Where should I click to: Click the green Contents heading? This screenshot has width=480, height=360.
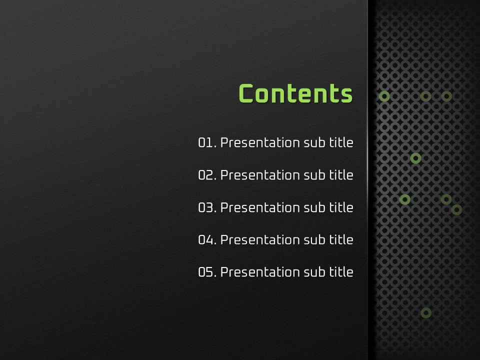(x=295, y=93)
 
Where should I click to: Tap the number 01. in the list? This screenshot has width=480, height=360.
(x=207, y=142)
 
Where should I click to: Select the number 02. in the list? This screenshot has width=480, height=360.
(x=207, y=175)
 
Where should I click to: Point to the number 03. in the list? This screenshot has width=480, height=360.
(x=207, y=207)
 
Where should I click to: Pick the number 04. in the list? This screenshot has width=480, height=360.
(x=207, y=239)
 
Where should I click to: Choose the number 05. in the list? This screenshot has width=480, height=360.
(x=207, y=272)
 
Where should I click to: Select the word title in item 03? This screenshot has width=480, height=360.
(x=341, y=207)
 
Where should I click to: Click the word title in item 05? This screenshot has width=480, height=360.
(x=341, y=272)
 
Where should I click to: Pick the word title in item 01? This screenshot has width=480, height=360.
(x=341, y=142)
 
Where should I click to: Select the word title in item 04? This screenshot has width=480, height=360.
(x=341, y=239)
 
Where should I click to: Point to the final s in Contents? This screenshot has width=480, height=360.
(x=347, y=95)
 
